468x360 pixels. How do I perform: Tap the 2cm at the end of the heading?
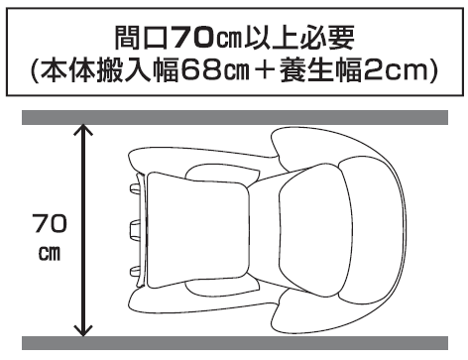[411, 72]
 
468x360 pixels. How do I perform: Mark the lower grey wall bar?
[234, 343]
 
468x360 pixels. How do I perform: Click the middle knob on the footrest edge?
[132, 229]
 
